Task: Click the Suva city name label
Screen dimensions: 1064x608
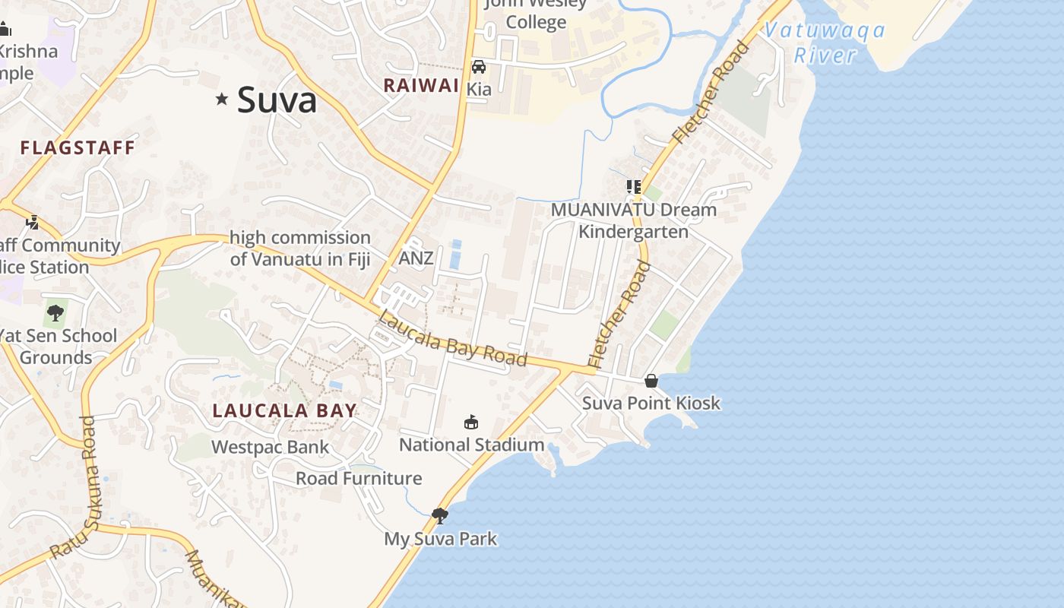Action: (x=277, y=100)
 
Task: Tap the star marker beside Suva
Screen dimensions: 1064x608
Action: (x=222, y=99)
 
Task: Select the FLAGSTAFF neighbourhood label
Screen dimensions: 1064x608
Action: (x=78, y=147)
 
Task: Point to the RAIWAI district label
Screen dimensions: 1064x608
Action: (x=421, y=85)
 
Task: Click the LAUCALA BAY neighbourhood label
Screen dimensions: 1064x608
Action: (x=284, y=411)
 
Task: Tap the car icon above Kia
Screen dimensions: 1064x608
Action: (x=479, y=67)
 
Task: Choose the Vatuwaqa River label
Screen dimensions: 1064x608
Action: (x=825, y=43)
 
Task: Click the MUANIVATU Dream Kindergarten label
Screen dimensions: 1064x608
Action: (x=634, y=220)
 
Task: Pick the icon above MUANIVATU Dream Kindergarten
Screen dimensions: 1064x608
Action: (x=633, y=186)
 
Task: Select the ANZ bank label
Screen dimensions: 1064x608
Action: (x=416, y=258)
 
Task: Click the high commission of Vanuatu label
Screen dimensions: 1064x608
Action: (x=300, y=249)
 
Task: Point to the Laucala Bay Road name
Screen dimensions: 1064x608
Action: (x=452, y=339)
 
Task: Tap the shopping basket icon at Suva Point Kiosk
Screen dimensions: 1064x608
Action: (x=651, y=381)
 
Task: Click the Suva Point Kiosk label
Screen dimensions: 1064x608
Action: (x=651, y=403)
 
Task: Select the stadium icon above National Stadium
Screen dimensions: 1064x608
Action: (x=471, y=423)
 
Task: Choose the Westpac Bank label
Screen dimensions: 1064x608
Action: (x=271, y=447)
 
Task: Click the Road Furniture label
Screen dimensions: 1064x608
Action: (x=359, y=478)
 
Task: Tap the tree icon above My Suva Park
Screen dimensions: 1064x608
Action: (x=439, y=516)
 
